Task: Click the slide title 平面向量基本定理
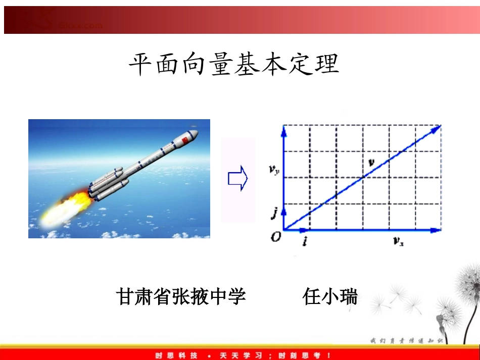[233, 65]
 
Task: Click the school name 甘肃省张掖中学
[181, 296]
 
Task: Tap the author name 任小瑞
[330, 296]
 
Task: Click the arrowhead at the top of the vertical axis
[283, 130]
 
